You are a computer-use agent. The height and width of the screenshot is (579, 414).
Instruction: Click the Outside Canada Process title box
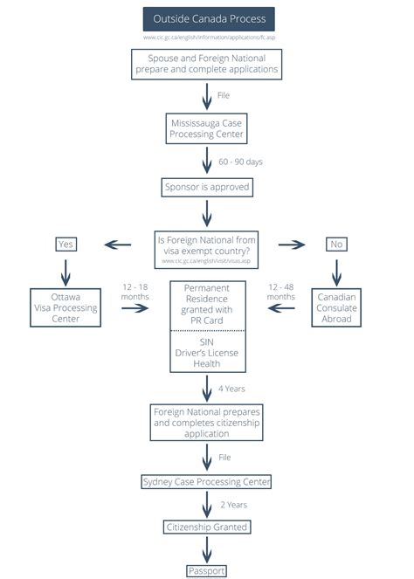click(x=208, y=19)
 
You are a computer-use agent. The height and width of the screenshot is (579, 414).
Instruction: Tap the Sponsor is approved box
click(x=207, y=187)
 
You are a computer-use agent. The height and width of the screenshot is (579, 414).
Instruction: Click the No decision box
click(x=336, y=244)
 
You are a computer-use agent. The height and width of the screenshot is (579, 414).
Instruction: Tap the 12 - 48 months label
click(x=281, y=292)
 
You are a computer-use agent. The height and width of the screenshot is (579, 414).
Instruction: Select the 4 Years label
click(x=231, y=388)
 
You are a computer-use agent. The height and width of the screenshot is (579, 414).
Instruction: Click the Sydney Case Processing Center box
click(x=207, y=481)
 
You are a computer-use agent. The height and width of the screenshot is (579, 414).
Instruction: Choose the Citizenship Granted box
click(x=207, y=527)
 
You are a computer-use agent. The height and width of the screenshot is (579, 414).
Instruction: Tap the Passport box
click(x=207, y=570)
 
